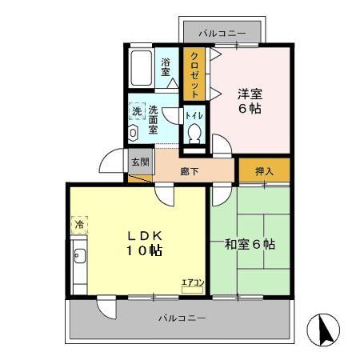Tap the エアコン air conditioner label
click(x=193, y=282)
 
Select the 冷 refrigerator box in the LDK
click(x=79, y=226)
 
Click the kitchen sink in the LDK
click(x=79, y=258)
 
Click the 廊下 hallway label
click(x=190, y=170)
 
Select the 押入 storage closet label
click(x=264, y=170)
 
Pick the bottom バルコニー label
click(x=182, y=318)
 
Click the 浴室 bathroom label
click(x=166, y=66)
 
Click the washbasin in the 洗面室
click(x=134, y=133)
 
